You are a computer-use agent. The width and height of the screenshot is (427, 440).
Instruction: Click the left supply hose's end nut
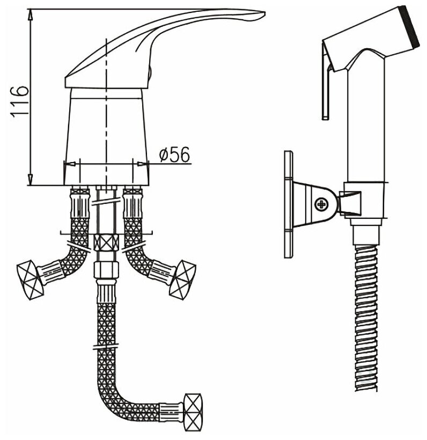click(x=30, y=278)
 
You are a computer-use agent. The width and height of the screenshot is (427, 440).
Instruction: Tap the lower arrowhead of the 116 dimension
click(x=30, y=180)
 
